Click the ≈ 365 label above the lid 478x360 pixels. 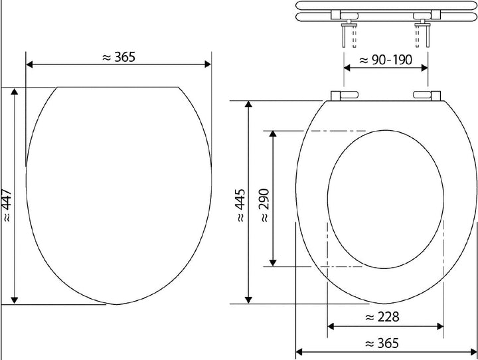click(119, 57)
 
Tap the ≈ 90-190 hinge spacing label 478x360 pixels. click(386, 60)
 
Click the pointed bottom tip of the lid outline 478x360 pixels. click(118, 304)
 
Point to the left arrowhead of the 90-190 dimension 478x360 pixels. click(347, 69)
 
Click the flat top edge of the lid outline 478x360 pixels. click(118, 87)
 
